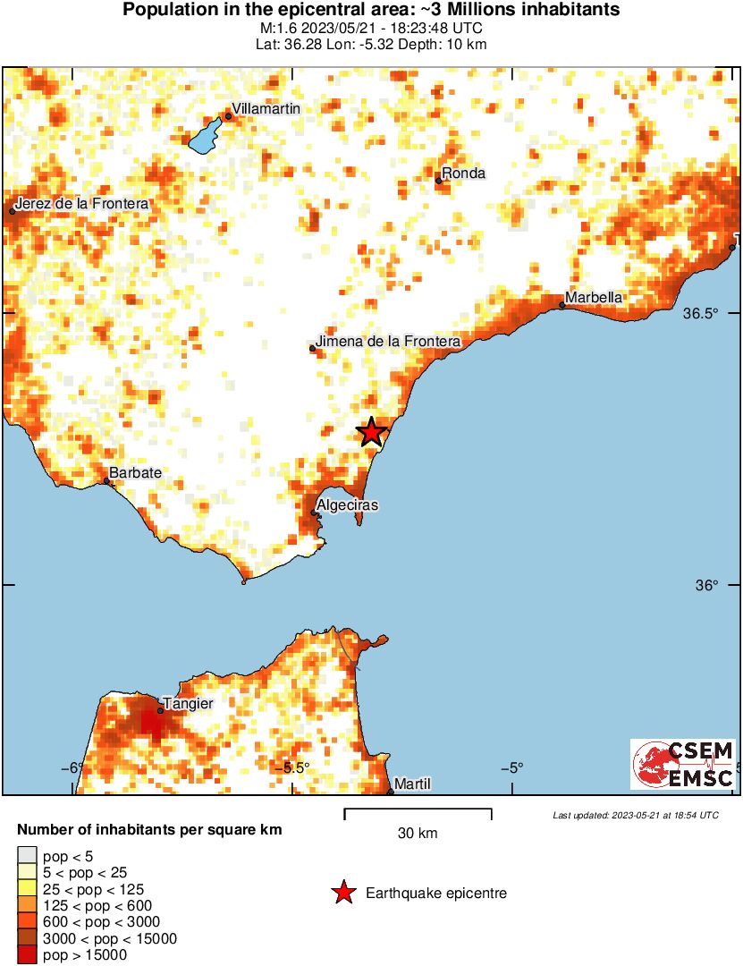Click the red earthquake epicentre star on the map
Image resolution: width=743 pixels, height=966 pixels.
coord(372,432)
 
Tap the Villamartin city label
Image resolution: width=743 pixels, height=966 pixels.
coord(266,108)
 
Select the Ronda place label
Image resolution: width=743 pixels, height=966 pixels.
coord(464,174)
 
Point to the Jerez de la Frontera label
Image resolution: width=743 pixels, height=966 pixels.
coord(81,204)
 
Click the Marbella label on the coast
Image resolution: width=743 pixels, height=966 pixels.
coord(594,298)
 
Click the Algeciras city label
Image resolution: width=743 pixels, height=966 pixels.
coord(349,505)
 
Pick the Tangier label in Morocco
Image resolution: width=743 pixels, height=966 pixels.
coord(188,703)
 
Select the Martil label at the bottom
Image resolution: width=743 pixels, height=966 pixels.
coord(412,784)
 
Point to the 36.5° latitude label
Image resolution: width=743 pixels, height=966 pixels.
coord(700,314)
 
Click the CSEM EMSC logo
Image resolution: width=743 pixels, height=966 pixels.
coord(683,764)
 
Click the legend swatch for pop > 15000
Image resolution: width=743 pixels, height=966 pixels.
coord(28,955)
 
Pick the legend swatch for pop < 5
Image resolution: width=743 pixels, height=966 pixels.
coord(28,857)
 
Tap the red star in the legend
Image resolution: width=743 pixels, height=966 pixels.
coord(342,893)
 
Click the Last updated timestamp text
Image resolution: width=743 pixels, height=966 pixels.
coord(635,815)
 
